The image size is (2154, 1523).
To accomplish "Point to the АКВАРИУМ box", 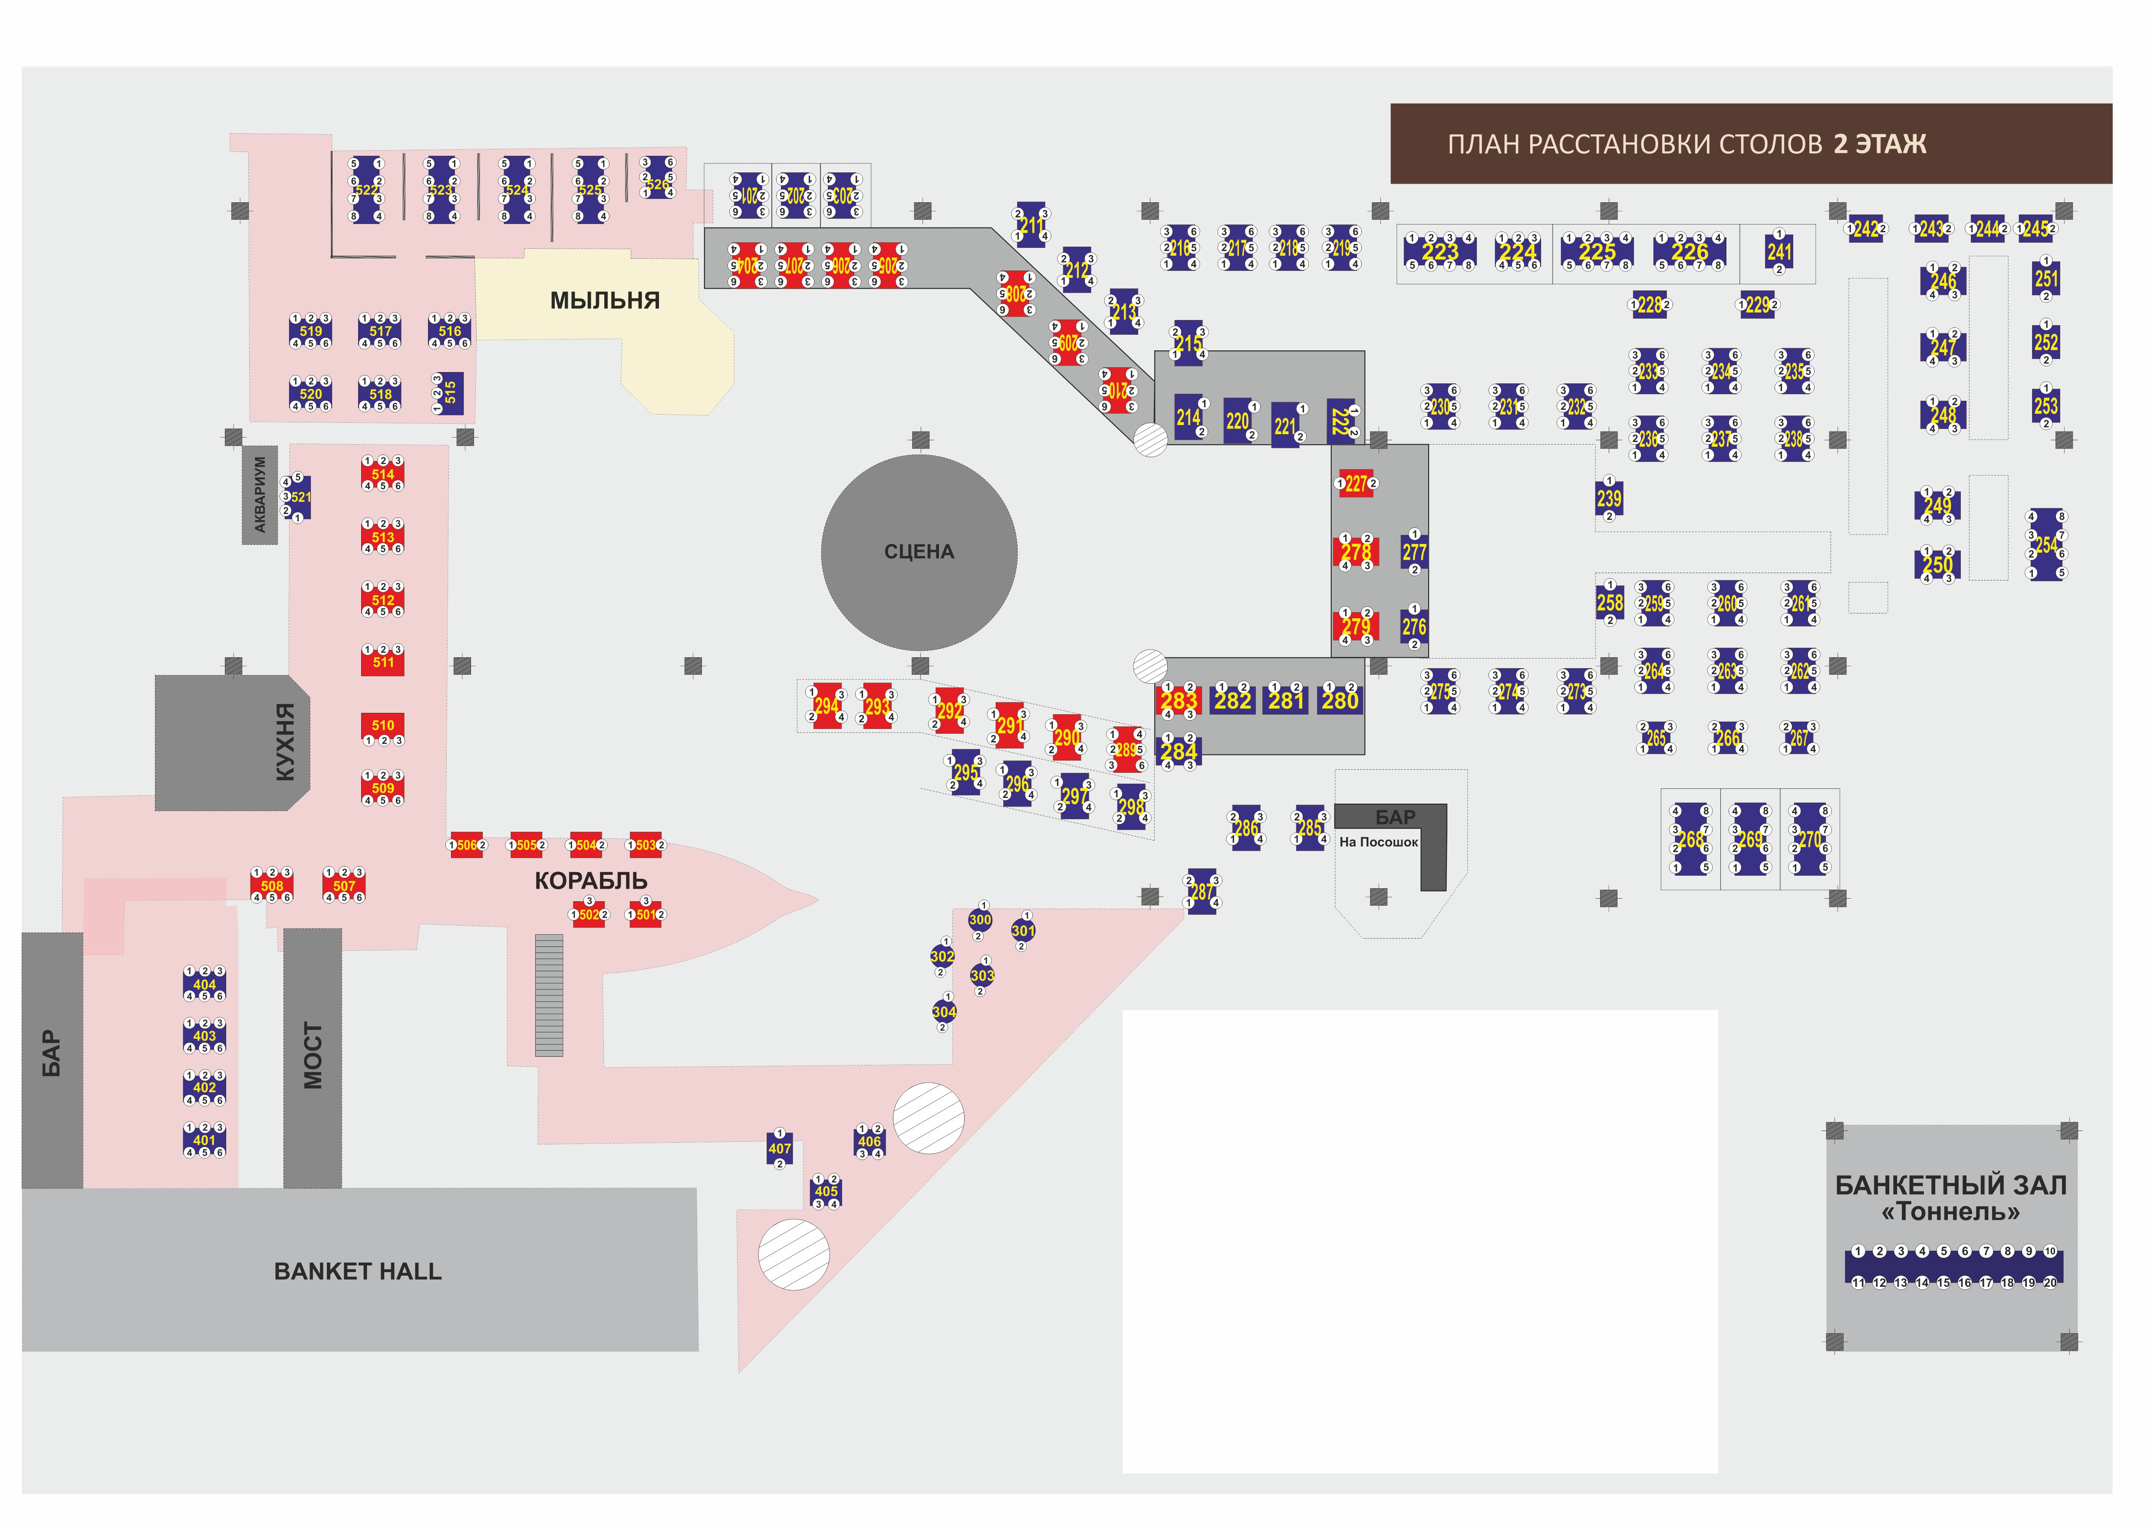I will coord(260,494).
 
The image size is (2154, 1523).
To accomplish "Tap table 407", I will coord(780,1149).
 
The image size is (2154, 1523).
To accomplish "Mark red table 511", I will coord(383,662).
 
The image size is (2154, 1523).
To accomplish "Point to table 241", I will coord(1779,251).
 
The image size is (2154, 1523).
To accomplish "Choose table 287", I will coord(1202,891).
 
